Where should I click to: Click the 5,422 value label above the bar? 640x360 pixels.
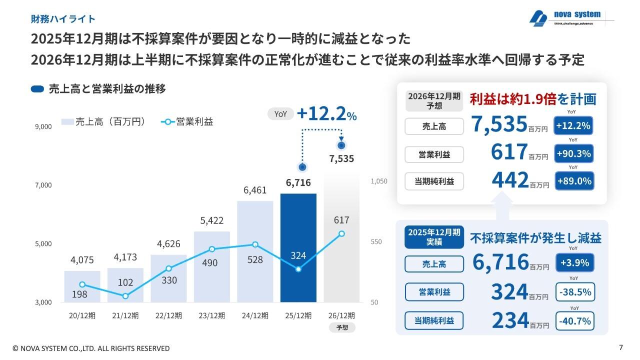pos(211,220)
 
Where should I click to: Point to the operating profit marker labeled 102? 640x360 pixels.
pos(125,296)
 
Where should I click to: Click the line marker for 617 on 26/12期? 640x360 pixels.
pos(341,233)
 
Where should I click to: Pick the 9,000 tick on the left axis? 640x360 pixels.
pos(43,127)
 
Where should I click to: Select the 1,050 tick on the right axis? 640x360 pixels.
pos(379,182)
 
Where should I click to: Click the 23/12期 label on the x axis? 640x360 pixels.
pos(211,315)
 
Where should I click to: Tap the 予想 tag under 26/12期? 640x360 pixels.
pos(342,328)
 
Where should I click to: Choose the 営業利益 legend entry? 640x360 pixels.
pos(187,121)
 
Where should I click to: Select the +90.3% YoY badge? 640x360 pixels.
pos(574,154)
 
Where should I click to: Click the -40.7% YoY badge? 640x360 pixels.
pos(575,320)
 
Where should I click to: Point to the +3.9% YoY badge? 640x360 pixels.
pos(575,263)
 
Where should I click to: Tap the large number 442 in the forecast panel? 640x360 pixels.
pos(510,180)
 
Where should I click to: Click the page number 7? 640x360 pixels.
pos(620,347)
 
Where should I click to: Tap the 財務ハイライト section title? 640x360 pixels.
pos(63,19)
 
